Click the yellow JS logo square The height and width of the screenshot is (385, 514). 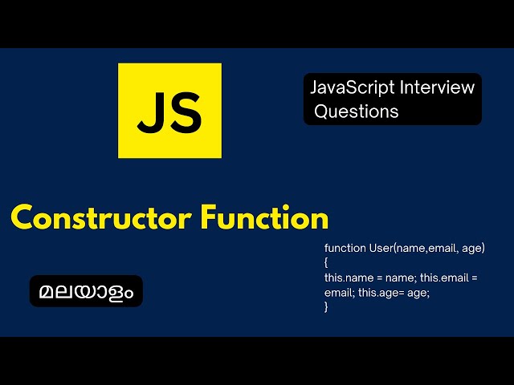click(169, 111)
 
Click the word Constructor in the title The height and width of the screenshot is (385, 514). click(102, 218)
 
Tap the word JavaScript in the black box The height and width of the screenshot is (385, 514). click(349, 87)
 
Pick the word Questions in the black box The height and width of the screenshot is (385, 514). click(357, 111)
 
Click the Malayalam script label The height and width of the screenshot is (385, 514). click(86, 290)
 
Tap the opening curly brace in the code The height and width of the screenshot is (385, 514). click(327, 262)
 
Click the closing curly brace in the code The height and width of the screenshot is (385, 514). click(327, 306)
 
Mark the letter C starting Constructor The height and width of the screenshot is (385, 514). click(22, 218)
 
